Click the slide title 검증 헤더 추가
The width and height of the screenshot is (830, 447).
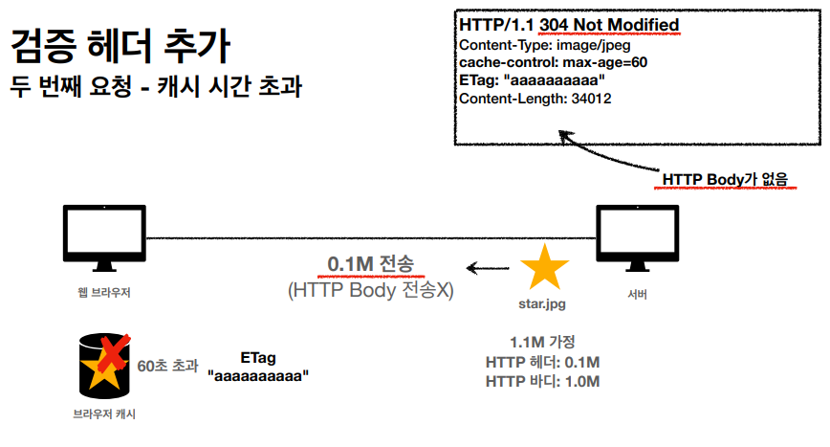(x=120, y=45)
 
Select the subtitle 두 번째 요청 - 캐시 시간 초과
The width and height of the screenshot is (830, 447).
(x=156, y=87)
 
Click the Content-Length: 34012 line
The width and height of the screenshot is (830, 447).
(x=535, y=98)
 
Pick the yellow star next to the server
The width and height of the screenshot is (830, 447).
(x=544, y=268)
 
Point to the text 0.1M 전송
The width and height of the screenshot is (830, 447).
(x=371, y=265)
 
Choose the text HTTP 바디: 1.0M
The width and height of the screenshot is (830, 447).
(x=542, y=381)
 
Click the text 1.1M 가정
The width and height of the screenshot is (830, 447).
(x=541, y=342)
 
